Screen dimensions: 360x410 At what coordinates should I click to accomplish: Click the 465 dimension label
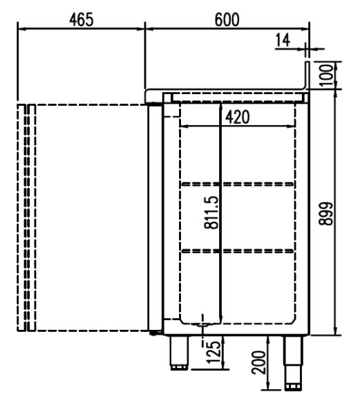pyautogui.click(x=82, y=19)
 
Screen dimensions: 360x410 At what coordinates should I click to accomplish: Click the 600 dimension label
pyautogui.click(x=227, y=19)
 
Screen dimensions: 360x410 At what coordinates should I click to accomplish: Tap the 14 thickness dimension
pyautogui.click(x=283, y=41)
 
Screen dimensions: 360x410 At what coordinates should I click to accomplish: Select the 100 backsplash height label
pyautogui.click(x=326, y=75)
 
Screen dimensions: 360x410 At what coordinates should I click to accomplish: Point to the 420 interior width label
pyautogui.click(x=238, y=117)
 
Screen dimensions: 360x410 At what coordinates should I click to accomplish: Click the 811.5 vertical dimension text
pyautogui.click(x=211, y=212)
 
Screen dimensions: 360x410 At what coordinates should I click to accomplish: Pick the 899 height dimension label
pyautogui.click(x=326, y=214)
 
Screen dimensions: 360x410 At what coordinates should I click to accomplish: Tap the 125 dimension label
pyautogui.click(x=214, y=352)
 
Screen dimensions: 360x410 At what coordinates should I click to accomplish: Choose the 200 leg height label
pyautogui.click(x=258, y=362)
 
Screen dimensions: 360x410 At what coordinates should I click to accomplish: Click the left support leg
pyautogui.click(x=179, y=353)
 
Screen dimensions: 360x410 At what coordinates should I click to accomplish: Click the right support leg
pyautogui.click(x=294, y=363)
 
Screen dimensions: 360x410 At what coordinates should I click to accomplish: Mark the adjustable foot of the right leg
pyautogui.click(x=294, y=386)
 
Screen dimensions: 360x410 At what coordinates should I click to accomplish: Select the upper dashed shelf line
pyautogui.click(x=238, y=184)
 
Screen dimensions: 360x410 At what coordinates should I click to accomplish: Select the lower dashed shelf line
pyautogui.click(x=238, y=251)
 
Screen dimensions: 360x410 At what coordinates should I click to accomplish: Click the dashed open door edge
pyautogui.click(x=26, y=218)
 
